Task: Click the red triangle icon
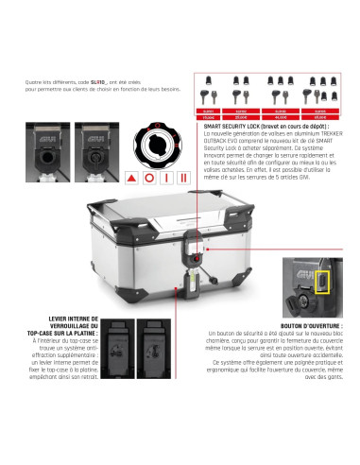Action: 129,177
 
